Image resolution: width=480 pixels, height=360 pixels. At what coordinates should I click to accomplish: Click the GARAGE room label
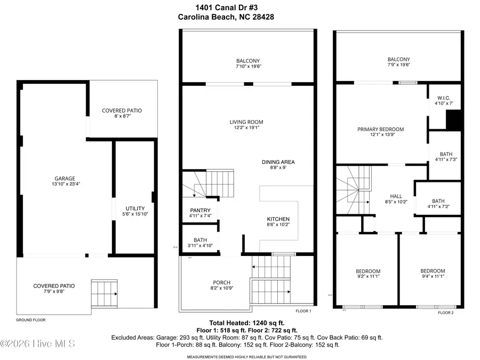pos(63,179)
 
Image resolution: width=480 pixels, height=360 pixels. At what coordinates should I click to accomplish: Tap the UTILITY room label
pos(135,208)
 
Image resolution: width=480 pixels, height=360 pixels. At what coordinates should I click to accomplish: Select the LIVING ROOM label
pos(246,122)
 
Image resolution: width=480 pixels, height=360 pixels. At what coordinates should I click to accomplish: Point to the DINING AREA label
pos(278,162)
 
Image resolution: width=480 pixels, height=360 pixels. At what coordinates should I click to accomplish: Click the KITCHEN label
pos(278,219)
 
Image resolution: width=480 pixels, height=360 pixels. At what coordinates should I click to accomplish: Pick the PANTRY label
pos(201,210)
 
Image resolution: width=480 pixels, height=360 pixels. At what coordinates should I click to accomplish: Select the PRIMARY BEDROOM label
pos(380,129)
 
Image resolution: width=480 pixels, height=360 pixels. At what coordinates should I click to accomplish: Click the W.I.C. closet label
pos(444,97)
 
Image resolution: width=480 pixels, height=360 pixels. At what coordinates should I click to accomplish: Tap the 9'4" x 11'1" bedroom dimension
pos(432,276)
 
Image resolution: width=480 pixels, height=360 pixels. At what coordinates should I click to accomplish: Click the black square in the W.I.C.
pos(453,120)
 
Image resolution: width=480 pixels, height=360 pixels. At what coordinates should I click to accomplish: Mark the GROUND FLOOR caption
pos(31,320)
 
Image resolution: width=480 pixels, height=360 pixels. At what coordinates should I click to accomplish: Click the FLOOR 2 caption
pos(445,313)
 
